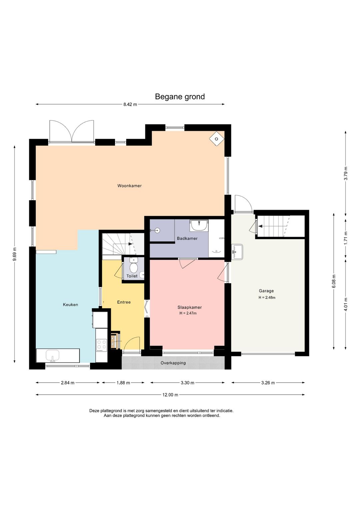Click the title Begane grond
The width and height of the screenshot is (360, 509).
[180, 97]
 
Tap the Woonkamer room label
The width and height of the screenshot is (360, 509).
[129, 186]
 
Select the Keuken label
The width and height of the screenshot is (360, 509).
[70, 305]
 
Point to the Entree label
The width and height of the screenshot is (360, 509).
[124, 302]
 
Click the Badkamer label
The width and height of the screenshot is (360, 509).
[187, 238]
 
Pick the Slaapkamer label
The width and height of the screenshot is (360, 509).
[190, 308]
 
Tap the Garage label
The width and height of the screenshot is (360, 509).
[266, 291]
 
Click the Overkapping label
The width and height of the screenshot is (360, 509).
[173, 363]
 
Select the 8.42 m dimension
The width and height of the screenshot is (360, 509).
[130, 104]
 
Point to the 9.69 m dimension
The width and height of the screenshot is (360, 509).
[15, 254]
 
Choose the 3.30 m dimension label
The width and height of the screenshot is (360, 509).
[187, 383]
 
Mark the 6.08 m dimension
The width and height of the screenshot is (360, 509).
[334, 281]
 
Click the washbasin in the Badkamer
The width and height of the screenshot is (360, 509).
[199, 225]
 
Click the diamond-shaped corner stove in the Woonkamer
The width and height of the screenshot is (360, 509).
[217, 139]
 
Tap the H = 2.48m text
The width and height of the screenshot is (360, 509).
[267, 298]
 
